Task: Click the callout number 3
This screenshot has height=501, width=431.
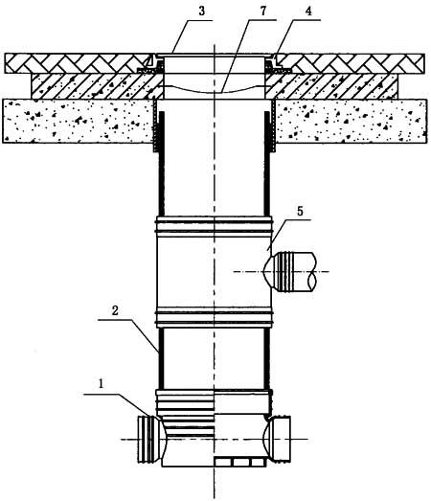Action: point(201,11)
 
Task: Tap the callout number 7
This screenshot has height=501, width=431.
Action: point(263,11)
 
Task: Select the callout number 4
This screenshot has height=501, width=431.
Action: point(308,11)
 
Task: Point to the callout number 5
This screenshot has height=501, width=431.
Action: point(300,211)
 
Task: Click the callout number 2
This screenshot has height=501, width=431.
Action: point(115,310)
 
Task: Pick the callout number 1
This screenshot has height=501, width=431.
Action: point(102,384)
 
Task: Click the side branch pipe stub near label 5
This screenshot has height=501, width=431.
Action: point(291,272)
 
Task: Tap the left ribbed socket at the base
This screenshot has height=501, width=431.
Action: point(148,440)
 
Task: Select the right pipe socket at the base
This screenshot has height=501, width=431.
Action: point(279,439)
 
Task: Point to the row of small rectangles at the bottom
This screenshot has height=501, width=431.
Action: point(239,462)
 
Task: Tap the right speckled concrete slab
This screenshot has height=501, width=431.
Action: point(351,121)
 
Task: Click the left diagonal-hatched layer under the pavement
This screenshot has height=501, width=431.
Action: point(97,86)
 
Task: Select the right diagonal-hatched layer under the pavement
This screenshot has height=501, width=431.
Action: point(332,86)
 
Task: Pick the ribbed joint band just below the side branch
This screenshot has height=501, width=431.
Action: point(214,317)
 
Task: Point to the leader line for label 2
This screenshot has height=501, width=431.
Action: point(128,335)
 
